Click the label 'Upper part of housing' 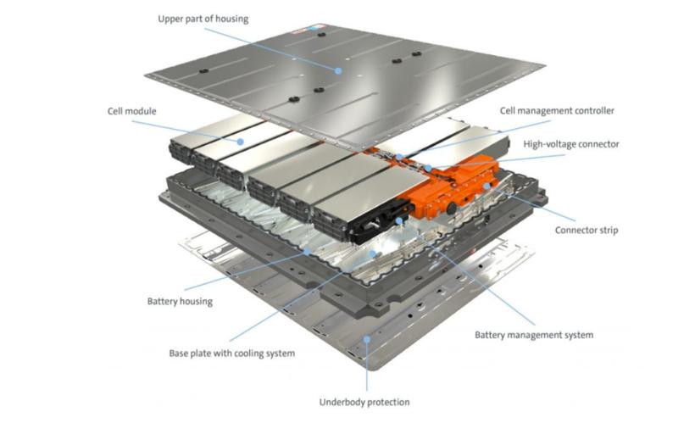pyautogui.click(x=203, y=19)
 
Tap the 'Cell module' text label pyautogui.click(x=131, y=111)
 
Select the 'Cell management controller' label pyautogui.click(x=557, y=110)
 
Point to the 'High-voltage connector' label pyautogui.click(x=571, y=144)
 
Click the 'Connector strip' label pyautogui.click(x=586, y=230)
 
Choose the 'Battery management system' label pyautogui.click(x=534, y=335)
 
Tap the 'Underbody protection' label pyautogui.click(x=364, y=402)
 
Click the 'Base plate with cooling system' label pyautogui.click(x=232, y=353)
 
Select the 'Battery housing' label pyautogui.click(x=180, y=302)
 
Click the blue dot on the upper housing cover pyautogui.click(x=338, y=70)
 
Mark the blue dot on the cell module pyautogui.click(x=240, y=142)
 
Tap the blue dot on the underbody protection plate pyautogui.click(x=366, y=340)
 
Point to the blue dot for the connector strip pyautogui.click(x=486, y=186)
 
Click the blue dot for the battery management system pyautogui.click(x=399, y=220)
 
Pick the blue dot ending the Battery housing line pyautogui.click(x=307, y=252)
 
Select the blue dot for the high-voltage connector pyautogui.click(x=428, y=168)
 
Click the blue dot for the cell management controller pyautogui.click(x=399, y=157)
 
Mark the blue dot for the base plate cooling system pyautogui.click(x=373, y=253)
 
